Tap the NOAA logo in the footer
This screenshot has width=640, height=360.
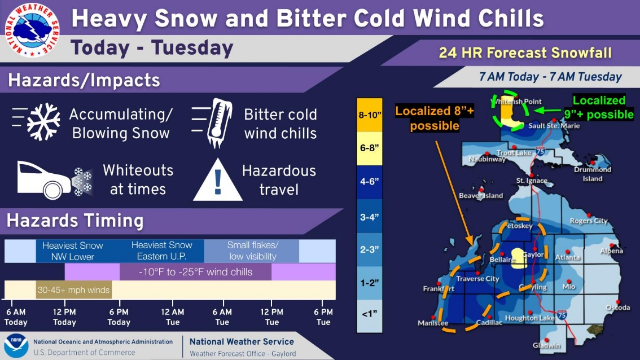tap(16, 346)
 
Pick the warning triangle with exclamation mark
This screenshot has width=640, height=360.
tap(217, 180)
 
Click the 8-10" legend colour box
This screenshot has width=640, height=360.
tap(370, 115)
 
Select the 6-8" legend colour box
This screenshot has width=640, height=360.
tap(370, 148)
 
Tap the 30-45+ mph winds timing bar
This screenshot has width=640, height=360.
tap(73, 290)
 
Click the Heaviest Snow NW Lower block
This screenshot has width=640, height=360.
tap(73, 251)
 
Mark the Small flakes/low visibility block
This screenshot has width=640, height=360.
tap(252, 251)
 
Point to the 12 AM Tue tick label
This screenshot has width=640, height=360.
tap(173, 317)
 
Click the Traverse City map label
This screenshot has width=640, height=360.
tap(477, 279)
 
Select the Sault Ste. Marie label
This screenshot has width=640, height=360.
tap(554, 126)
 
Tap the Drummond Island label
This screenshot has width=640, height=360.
tap(592, 174)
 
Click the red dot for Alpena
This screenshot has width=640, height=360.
tap(611, 245)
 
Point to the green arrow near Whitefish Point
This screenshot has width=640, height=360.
tap(547, 110)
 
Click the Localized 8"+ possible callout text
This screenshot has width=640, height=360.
tap(435, 118)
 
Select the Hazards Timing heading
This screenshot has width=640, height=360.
tap(75, 221)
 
